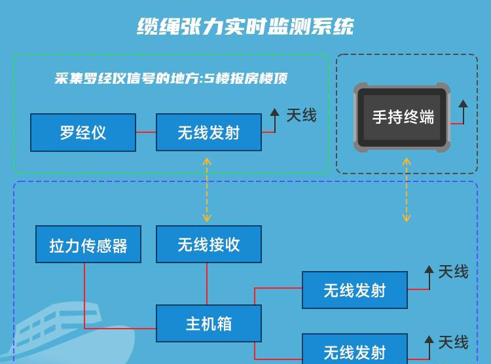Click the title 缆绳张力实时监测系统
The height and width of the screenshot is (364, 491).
[245, 26]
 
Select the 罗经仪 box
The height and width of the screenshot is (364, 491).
[83, 132]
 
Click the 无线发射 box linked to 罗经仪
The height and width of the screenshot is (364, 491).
[209, 132]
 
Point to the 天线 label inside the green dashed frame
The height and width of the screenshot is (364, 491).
[301, 116]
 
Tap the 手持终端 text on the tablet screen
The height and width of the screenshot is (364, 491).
[403, 117]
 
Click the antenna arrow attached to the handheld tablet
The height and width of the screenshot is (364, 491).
[463, 105]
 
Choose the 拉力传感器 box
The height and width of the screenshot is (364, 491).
[88, 246]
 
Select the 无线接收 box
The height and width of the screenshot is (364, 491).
[209, 244]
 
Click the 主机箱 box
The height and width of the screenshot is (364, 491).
[209, 323]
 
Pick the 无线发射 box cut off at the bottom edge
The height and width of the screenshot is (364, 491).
[354, 350]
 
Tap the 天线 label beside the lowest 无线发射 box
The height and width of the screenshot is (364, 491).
[453, 342]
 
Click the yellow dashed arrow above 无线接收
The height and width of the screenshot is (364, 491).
[207, 190]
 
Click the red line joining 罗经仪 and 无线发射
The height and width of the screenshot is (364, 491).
[146, 132]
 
